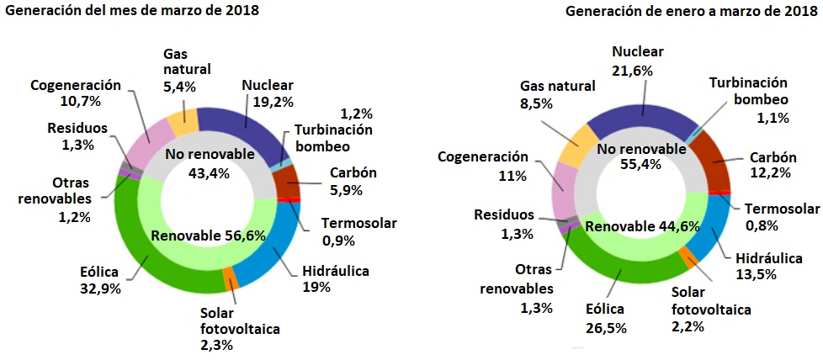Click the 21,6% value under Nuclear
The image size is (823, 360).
pyautogui.click(x=637, y=71)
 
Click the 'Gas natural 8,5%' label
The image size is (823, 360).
pyautogui.click(x=557, y=94)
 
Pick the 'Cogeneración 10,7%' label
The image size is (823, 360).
pyautogui.click(x=77, y=93)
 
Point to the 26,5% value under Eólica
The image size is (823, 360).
pyautogui.click(x=606, y=327)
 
